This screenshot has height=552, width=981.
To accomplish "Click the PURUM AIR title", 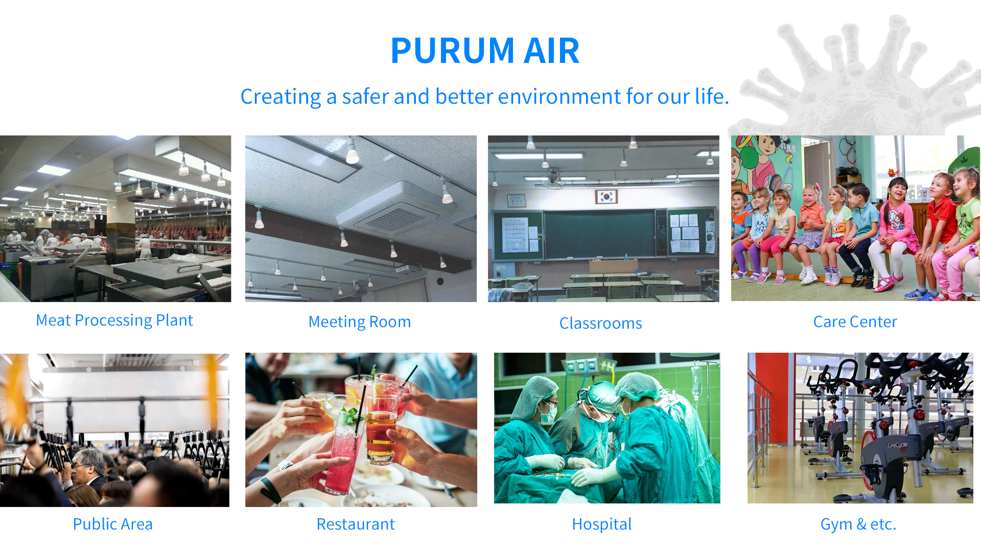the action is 485,51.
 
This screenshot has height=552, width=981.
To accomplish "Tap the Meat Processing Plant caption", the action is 114,320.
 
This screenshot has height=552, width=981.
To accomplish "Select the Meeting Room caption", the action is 360,322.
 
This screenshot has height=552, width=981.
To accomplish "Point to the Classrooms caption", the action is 601,323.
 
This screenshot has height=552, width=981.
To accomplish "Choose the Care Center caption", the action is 855,322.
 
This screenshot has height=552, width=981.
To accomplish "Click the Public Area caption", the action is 113,524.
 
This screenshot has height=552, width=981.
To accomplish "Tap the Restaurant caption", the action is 356,524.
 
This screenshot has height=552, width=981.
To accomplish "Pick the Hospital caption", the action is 602,524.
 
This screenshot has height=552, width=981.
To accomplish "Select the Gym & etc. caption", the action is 858,524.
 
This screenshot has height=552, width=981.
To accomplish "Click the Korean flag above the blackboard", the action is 606,196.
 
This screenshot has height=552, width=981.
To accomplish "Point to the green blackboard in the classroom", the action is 600,234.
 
